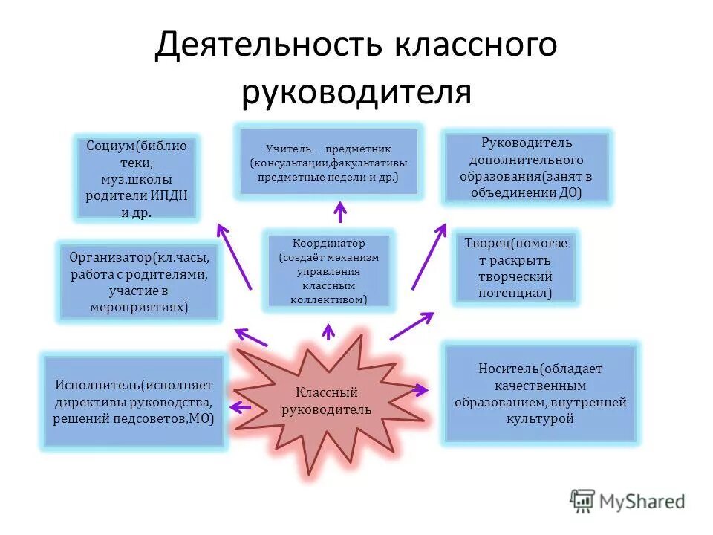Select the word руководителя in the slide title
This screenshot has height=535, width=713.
click(356, 92)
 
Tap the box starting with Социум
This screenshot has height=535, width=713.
click(137, 178)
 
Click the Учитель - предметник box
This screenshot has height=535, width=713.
click(329, 162)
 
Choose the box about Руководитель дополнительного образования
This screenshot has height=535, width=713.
click(526, 167)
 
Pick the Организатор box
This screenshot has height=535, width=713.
click(140, 282)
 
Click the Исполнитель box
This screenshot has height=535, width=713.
click(134, 402)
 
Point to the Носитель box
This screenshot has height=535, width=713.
click(540, 393)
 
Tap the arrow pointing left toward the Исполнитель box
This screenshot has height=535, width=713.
click(240, 406)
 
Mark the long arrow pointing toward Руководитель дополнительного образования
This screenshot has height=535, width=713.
click(428, 256)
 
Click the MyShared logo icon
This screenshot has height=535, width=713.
click(582, 502)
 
